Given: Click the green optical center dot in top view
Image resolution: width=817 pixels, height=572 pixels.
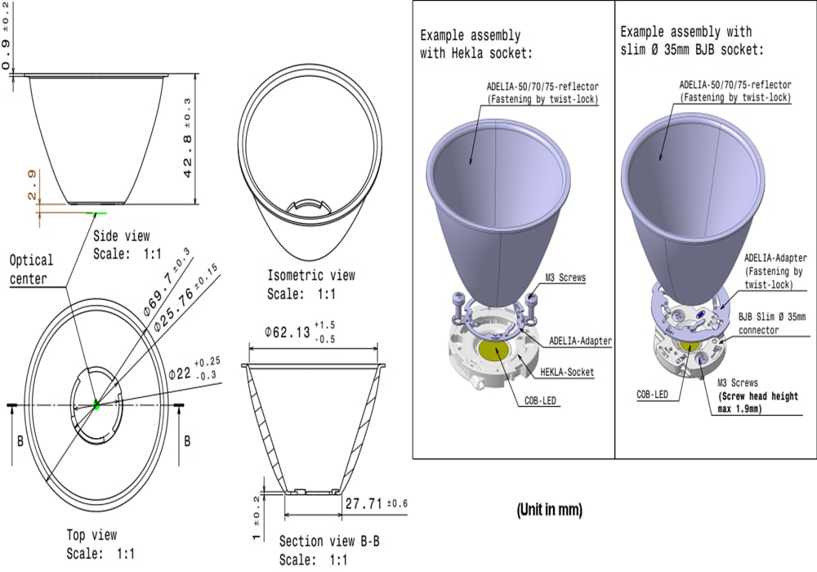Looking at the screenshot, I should (x=96, y=403).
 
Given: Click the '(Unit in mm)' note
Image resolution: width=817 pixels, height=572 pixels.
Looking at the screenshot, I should (x=549, y=510).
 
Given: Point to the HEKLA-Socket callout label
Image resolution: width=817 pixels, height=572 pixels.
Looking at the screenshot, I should (x=567, y=372).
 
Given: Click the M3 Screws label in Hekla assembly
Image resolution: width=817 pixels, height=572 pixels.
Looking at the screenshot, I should (x=566, y=278).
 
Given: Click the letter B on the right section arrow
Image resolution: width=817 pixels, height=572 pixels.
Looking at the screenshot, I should (x=187, y=440).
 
